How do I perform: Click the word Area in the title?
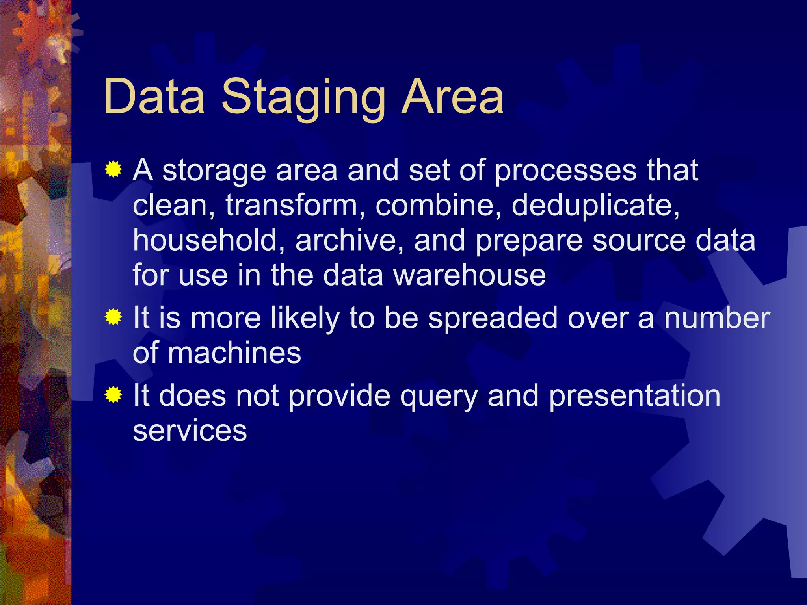(452, 97)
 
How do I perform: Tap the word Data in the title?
(154, 97)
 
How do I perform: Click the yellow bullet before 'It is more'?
(113, 317)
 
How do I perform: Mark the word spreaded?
(493, 318)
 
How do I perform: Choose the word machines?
(234, 353)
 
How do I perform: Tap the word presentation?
(634, 395)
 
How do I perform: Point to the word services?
(190, 431)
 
